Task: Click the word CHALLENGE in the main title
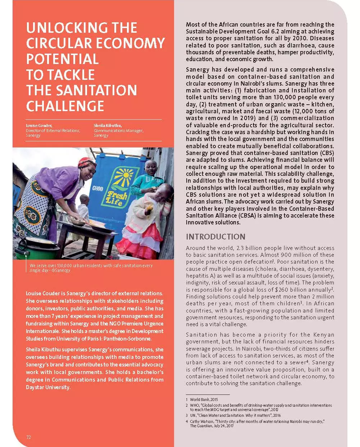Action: pyautogui.click(x=65, y=106)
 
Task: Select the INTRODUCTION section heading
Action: pyautogui.click(x=215, y=237)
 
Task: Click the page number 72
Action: pyautogui.click(x=28, y=437)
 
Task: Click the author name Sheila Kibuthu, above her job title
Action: pyautogui.click(x=108, y=126)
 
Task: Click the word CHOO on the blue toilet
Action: pyautogui.click(x=97, y=188)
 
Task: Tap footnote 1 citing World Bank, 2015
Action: pyautogui.click(x=204, y=400)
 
